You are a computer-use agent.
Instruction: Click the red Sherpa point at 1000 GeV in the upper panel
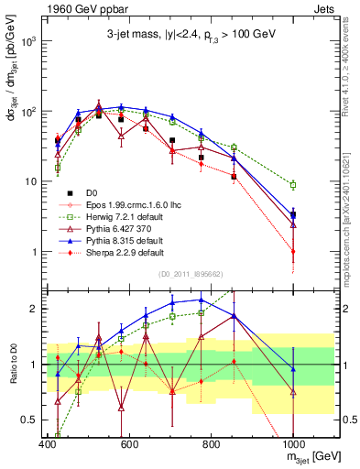pyautogui.click(x=293, y=251)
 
